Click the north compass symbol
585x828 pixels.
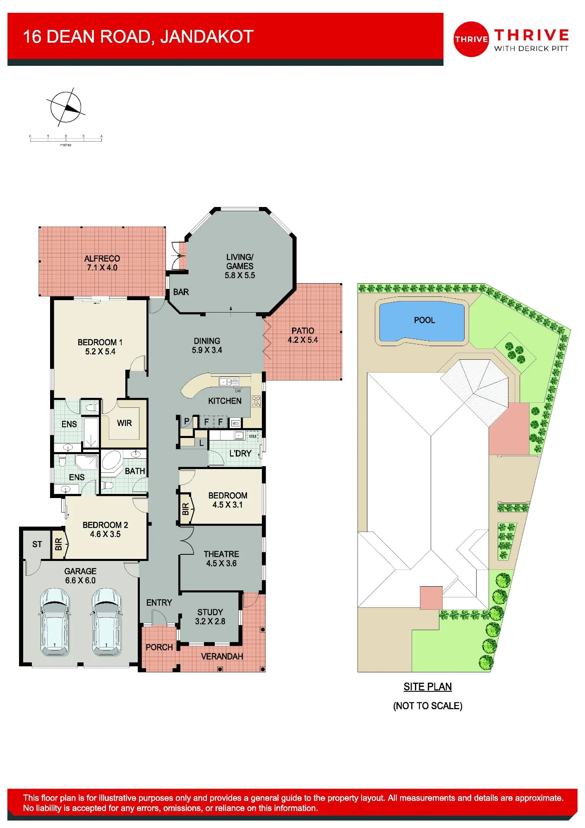click(65, 107)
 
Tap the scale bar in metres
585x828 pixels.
click(66, 140)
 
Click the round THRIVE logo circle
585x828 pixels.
click(471, 39)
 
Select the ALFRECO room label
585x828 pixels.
click(102, 263)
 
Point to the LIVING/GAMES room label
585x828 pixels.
click(240, 266)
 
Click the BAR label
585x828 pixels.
click(181, 292)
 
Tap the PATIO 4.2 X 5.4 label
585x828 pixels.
click(303, 335)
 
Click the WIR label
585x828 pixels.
click(125, 423)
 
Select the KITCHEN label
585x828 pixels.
click(225, 401)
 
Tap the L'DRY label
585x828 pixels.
click(240, 453)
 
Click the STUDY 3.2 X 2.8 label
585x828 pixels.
click(210, 616)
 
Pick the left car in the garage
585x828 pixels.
click(55, 622)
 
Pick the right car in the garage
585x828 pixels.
click(106, 622)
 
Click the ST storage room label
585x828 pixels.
click(37, 544)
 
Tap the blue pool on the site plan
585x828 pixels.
click(422, 321)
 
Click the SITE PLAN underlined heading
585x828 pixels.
click(428, 687)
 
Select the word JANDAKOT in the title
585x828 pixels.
click(207, 37)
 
